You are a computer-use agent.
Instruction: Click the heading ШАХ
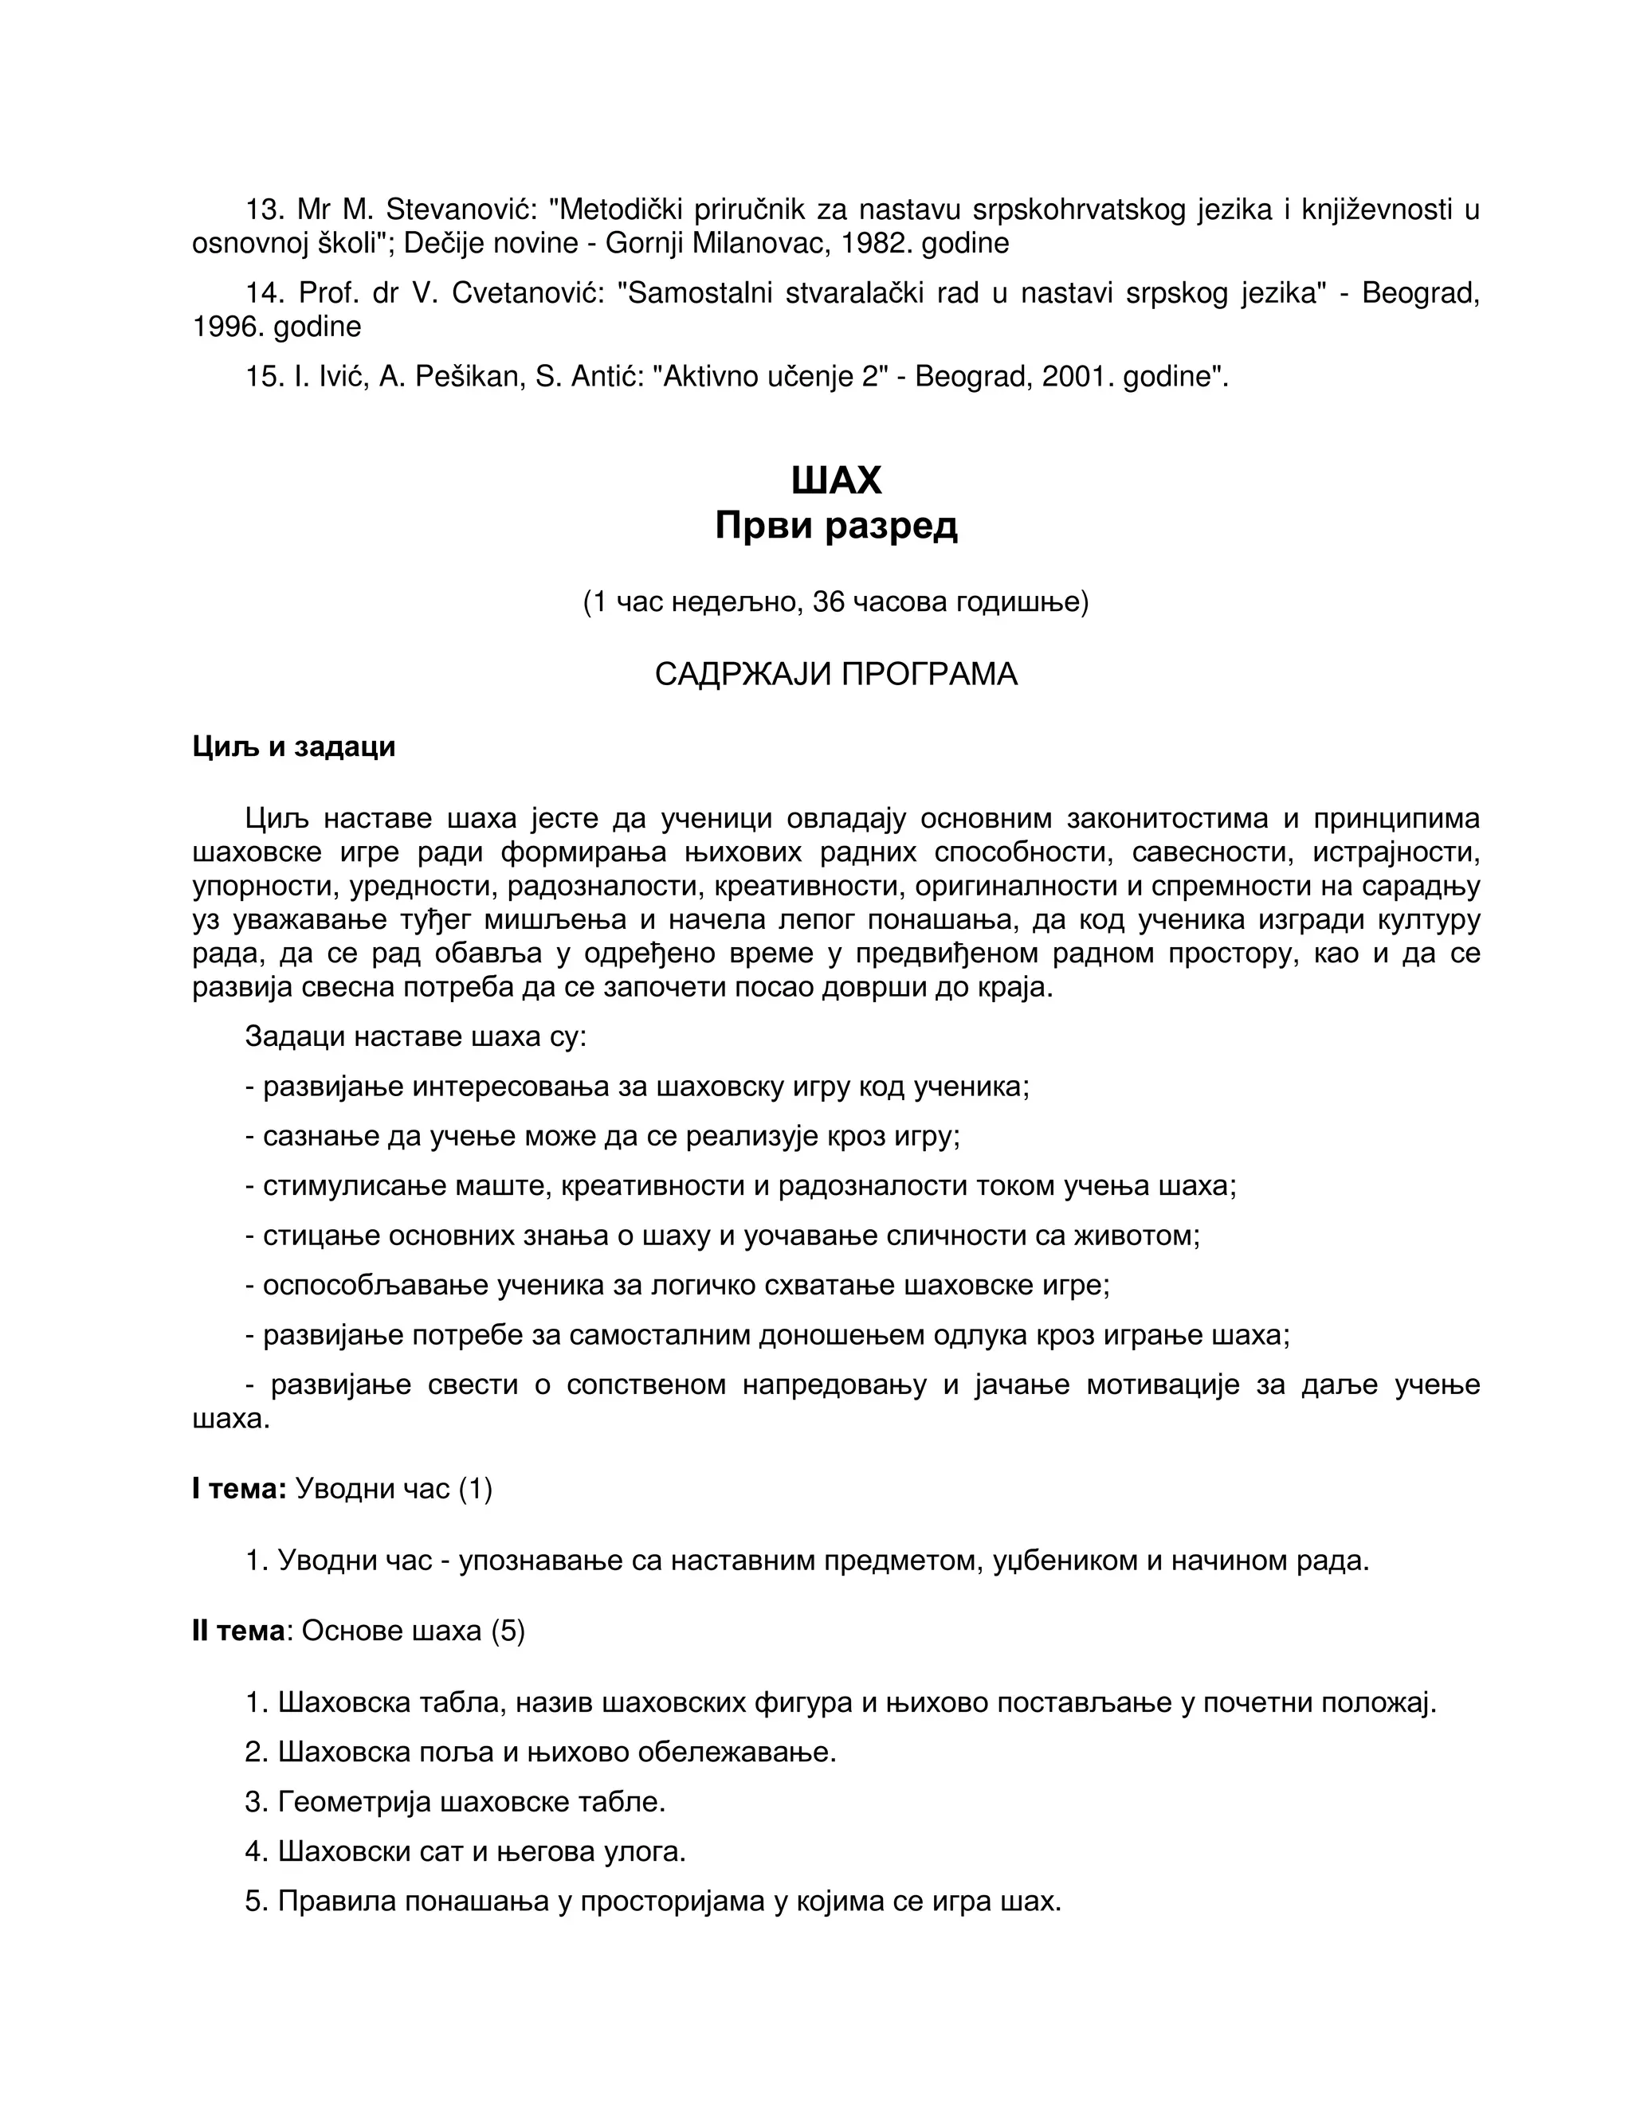point(835,480)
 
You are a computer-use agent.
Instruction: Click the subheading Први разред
point(835,526)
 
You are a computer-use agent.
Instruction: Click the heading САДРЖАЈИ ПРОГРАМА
point(835,675)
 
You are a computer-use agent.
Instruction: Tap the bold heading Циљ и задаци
point(294,746)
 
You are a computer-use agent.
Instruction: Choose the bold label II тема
point(237,1631)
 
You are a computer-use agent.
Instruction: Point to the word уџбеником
point(1065,1560)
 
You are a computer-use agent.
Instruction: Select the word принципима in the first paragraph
point(1395,819)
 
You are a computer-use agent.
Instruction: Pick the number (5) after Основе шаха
point(508,1631)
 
